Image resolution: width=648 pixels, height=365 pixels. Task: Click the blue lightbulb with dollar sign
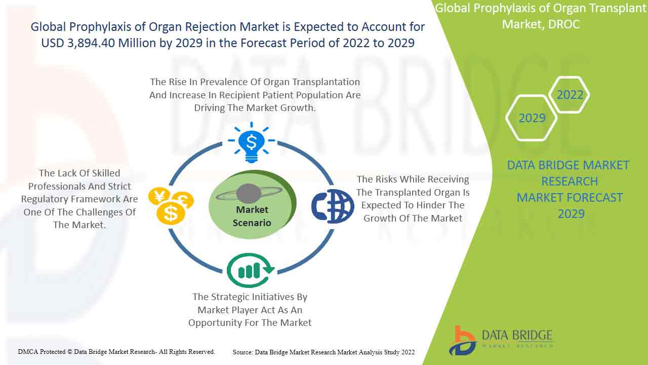252,142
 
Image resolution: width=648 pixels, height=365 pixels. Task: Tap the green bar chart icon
250,270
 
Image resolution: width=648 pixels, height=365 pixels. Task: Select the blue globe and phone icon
333,206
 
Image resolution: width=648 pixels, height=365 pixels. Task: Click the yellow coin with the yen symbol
159,196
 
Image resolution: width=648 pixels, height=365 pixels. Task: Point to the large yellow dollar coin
171,213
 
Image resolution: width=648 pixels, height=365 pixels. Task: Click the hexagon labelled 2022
570,95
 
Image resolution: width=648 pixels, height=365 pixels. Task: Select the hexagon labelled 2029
532,118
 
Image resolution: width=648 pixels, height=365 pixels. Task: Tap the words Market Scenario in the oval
252,216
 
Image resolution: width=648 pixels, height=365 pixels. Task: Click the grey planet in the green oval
249,194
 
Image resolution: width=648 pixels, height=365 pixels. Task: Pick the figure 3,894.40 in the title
91,43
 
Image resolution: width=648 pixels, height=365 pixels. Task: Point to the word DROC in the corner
564,24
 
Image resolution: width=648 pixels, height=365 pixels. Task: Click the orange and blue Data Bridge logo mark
463,341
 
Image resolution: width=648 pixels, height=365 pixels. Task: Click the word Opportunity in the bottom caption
215,323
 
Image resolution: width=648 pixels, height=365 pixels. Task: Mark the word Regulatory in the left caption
45,199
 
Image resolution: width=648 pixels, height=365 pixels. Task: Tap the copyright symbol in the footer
70,352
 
